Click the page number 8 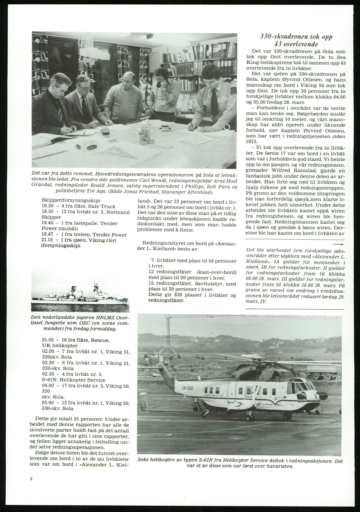coord(31,479)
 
